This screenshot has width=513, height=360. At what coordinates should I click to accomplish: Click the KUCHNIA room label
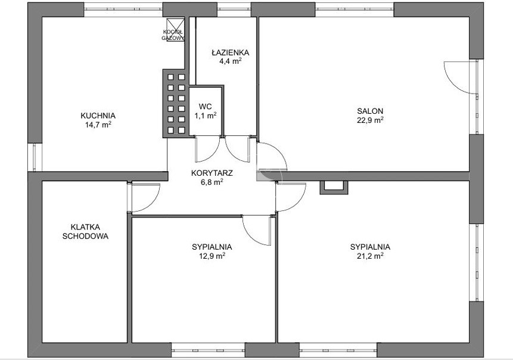point(98,116)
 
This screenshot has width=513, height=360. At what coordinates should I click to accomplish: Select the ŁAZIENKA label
point(231,52)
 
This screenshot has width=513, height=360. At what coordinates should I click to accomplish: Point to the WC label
point(205,106)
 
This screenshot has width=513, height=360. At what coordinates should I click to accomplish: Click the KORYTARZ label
point(212,173)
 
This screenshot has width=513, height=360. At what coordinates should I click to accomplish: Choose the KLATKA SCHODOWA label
point(85,231)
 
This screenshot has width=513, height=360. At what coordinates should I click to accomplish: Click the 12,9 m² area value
point(212,256)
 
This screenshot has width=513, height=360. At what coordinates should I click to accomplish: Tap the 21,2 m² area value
point(370,256)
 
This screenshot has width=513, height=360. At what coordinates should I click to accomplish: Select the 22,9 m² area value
point(370,120)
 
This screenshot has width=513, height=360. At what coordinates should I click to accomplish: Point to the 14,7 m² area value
point(98,125)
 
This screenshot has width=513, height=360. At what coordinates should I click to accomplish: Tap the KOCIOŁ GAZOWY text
point(173,35)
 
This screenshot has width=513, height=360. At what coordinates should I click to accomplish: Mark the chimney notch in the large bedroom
point(334,188)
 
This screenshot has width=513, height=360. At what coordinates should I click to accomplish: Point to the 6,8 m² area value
point(212,182)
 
